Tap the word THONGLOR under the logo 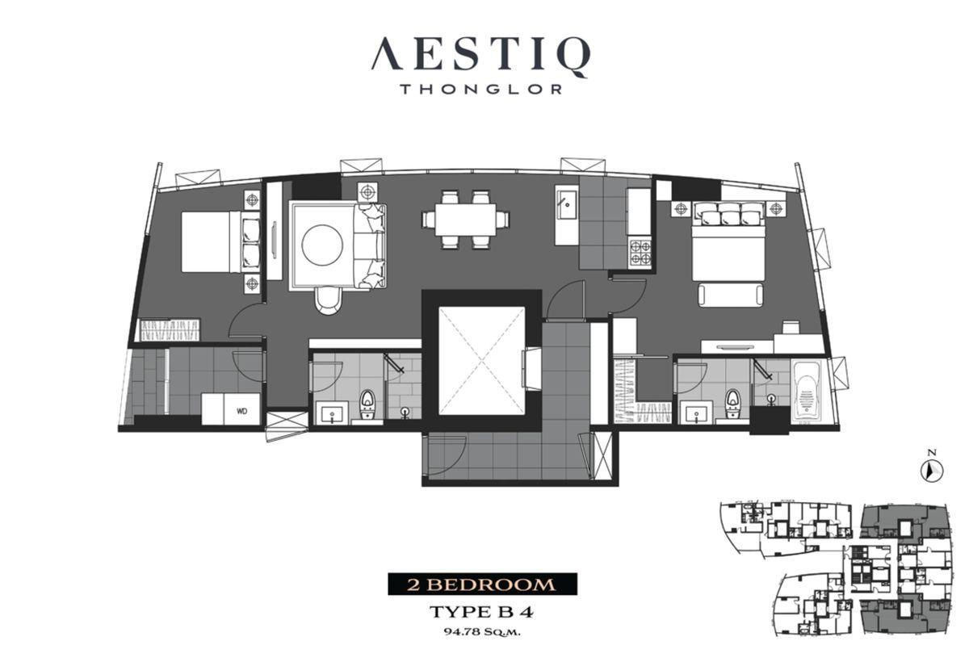coord(481,90)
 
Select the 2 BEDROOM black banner coord(482,584)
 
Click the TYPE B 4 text coord(481,612)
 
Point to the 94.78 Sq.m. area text coord(482,632)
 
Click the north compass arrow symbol coord(931,471)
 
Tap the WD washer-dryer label coord(241,411)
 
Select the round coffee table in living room coord(322,245)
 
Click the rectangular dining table coord(465,220)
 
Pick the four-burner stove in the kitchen coord(640,253)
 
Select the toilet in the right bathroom coord(732,404)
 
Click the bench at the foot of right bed coord(731,295)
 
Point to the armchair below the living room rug coord(329,300)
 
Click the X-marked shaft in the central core coord(481,361)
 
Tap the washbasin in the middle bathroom coord(332,413)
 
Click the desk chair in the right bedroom coord(791,327)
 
